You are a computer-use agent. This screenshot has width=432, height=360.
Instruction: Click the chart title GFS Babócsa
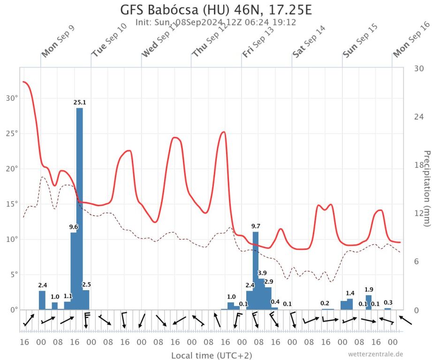(216, 10)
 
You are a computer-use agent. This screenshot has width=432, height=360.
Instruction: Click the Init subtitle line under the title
(215, 22)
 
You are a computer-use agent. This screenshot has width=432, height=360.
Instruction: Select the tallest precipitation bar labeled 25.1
(80, 206)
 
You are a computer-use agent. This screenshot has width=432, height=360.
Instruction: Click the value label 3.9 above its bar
(262, 273)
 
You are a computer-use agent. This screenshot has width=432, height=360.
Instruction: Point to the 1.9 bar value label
(369, 289)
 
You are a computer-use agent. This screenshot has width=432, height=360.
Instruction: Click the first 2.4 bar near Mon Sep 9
(42, 300)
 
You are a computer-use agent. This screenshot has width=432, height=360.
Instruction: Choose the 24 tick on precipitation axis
(418, 117)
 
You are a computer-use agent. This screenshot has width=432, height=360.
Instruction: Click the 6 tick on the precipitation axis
(418, 262)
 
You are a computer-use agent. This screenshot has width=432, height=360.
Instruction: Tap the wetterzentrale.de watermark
(375, 354)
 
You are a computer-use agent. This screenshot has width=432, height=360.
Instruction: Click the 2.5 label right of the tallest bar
(86, 285)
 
